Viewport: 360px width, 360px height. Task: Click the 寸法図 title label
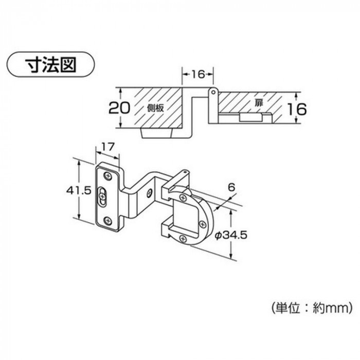click(51, 65)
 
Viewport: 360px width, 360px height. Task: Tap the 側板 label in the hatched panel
click(156, 108)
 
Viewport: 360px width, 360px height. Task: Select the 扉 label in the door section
click(258, 103)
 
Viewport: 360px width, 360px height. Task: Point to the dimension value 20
click(119, 108)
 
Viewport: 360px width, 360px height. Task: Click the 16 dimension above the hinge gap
click(197, 74)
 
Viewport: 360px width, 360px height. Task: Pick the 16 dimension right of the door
click(297, 109)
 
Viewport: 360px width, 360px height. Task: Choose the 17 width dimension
click(107, 147)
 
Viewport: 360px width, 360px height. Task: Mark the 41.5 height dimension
click(79, 190)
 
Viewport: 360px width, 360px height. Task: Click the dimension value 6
click(232, 187)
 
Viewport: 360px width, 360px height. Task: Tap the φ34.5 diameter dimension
click(231, 235)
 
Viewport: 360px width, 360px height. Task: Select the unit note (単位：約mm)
click(312, 308)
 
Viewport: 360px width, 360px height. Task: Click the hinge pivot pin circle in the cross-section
click(213, 92)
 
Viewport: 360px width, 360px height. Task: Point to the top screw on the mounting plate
click(107, 176)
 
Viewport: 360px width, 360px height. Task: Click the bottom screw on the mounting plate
click(107, 221)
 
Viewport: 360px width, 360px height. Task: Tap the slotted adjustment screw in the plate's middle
click(102, 196)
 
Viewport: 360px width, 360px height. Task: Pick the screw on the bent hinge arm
click(150, 194)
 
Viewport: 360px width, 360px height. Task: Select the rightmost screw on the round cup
click(202, 224)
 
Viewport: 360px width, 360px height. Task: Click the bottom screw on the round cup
click(183, 239)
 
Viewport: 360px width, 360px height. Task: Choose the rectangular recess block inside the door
click(250, 117)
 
